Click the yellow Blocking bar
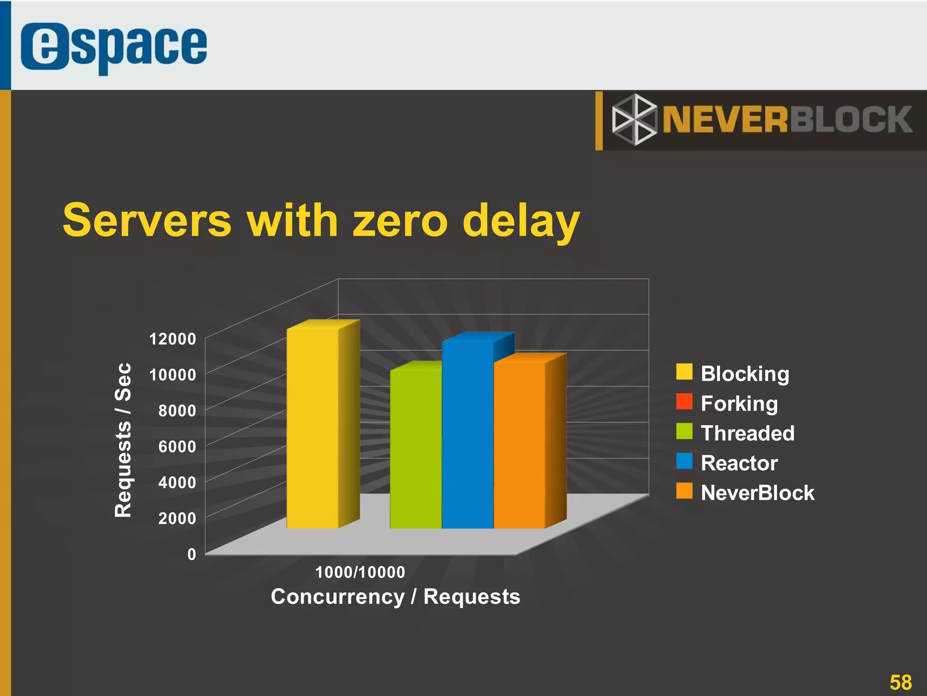pos(312,428)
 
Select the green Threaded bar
pos(416,448)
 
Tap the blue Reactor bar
pos(468,435)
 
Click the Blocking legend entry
pos(745,374)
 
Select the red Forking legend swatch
pos(684,402)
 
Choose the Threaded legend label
pos(747,433)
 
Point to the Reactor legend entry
pos(739,463)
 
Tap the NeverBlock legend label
pos(757,493)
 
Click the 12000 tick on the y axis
pos(172,339)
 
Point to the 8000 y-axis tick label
pos(177,411)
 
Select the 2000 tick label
pos(177,518)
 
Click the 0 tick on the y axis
pos(191,554)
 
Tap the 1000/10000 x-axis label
pos(360,572)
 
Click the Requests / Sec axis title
pos(123,440)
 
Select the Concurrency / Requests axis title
pos(395,596)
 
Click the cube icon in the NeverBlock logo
pos(634,120)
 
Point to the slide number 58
pos(900,682)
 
